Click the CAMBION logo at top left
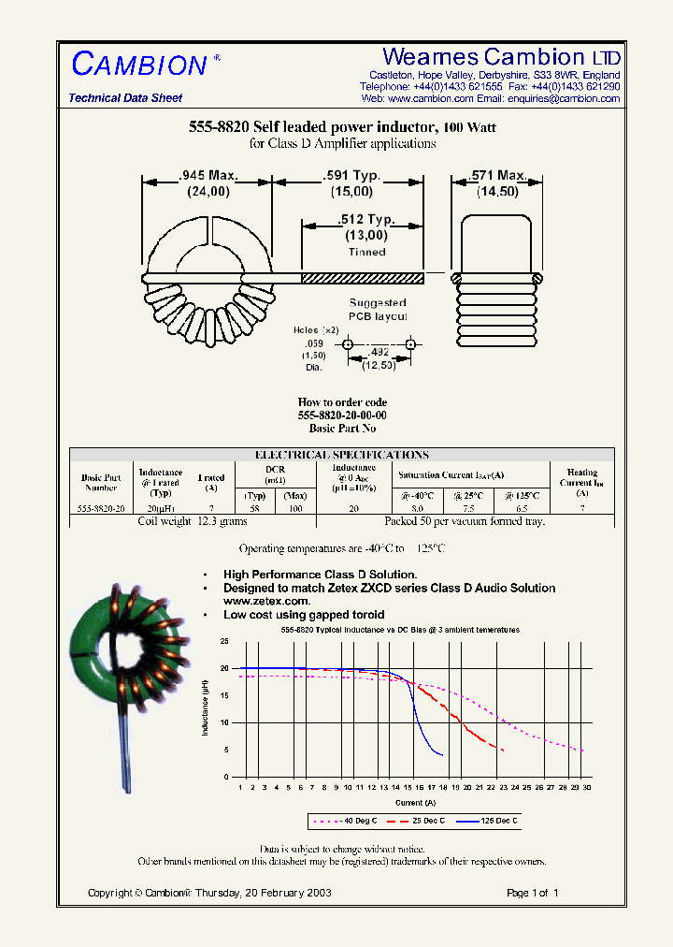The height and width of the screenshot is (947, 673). coord(139,65)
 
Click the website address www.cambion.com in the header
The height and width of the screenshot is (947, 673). coord(430,98)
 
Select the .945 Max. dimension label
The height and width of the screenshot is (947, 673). coord(208,175)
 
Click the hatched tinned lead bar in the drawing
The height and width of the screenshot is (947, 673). coord(362,277)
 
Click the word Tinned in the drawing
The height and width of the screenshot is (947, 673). coord(366,252)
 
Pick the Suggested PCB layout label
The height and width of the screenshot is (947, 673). coord(378,310)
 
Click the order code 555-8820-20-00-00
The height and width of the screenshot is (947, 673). coord(342,415)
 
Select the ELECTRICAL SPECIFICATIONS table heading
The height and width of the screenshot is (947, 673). coord(342,455)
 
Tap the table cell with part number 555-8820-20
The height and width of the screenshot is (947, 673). coord(100,509)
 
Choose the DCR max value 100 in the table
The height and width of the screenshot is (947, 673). coord(295,509)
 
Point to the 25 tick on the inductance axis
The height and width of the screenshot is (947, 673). coord(223,642)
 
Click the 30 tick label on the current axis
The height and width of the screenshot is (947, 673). coord(588,788)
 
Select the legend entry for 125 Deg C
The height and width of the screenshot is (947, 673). coord(487,821)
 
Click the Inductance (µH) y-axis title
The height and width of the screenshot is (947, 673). coord(206,708)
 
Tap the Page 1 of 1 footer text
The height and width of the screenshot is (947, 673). coord(532,893)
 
